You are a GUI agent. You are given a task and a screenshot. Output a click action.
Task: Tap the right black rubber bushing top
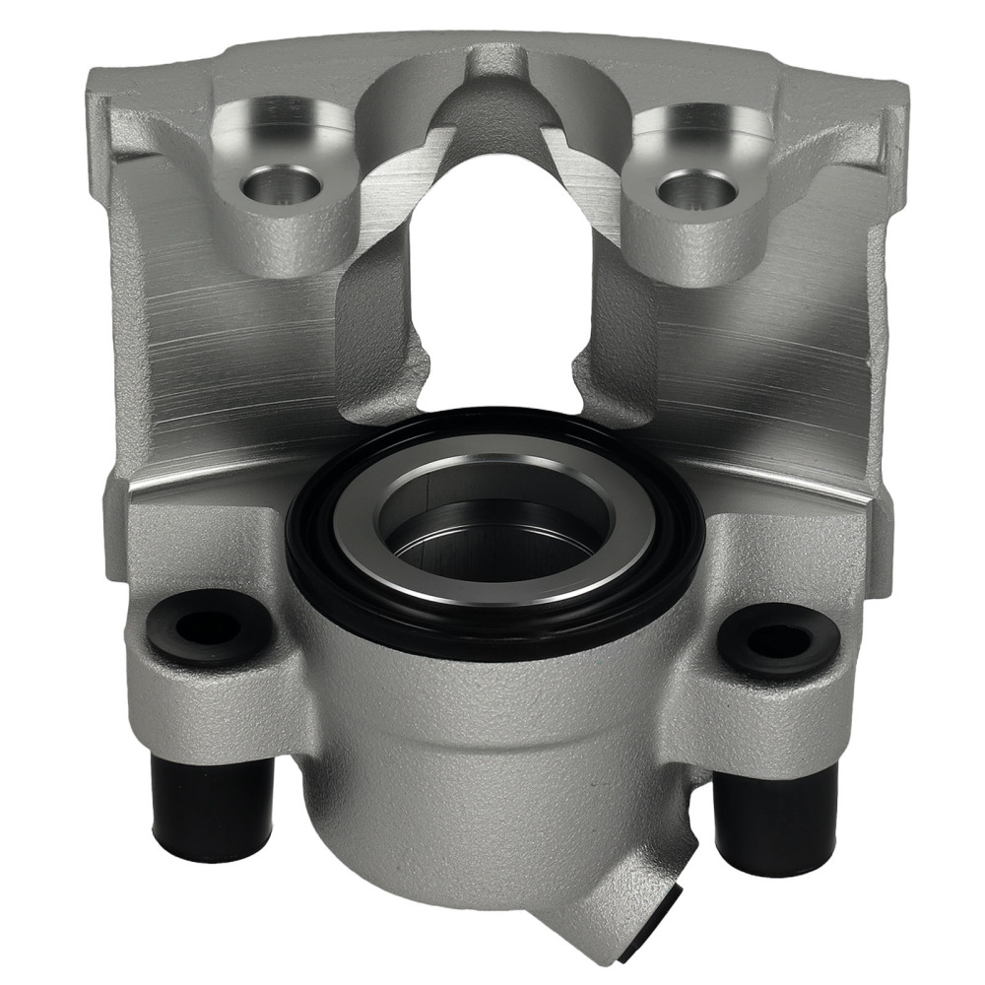[777, 640]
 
